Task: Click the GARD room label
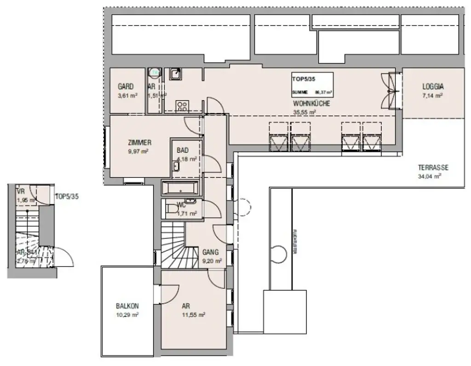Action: [x=126, y=87]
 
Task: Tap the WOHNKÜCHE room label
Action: [x=311, y=104]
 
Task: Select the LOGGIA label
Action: [x=433, y=87]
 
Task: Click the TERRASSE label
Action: [x=433, y=168]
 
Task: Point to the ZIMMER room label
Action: [x=139, y=143]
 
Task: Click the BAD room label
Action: [x=182, y=151]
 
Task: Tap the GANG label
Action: [x=210, y=252]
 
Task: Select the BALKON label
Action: [x=127, y=306]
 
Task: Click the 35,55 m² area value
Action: [x=304, y=112]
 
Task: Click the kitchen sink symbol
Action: [x=176, y=74]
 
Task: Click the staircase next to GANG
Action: [x=173, y=245]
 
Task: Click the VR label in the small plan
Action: [x=20, y=192]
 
